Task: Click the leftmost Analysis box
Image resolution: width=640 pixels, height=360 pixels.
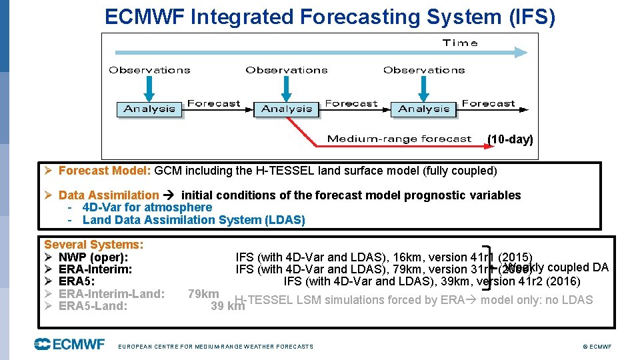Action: [149, 109]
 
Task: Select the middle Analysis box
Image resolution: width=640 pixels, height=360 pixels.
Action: [287, 109]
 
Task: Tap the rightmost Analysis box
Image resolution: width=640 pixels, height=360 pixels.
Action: [423, 109]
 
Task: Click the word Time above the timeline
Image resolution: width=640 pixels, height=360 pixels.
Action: [460, 43]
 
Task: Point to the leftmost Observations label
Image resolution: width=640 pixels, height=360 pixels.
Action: [149, 70]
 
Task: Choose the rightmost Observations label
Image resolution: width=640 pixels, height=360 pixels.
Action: [424, 70]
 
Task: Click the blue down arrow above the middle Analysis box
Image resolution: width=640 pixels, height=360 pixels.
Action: [287, 87]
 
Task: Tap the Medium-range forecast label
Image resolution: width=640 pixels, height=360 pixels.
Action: [399, 139]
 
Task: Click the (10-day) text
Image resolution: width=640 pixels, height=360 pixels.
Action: [510, 139]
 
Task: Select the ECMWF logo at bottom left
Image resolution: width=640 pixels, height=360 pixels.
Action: [69, 344]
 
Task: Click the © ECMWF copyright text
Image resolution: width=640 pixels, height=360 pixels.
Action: [597, 347]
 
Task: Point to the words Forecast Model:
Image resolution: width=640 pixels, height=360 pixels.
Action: [105, 171]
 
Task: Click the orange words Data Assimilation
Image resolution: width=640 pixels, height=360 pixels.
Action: [109, 195]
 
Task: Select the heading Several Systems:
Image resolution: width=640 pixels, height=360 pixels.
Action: [94, 245]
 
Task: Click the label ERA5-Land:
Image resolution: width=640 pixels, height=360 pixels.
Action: [93, 306]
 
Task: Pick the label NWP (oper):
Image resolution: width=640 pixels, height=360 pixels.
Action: [93, 257]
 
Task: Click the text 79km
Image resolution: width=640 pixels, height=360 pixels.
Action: [203, 294]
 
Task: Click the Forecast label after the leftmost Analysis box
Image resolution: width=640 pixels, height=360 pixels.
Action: [213, 104]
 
